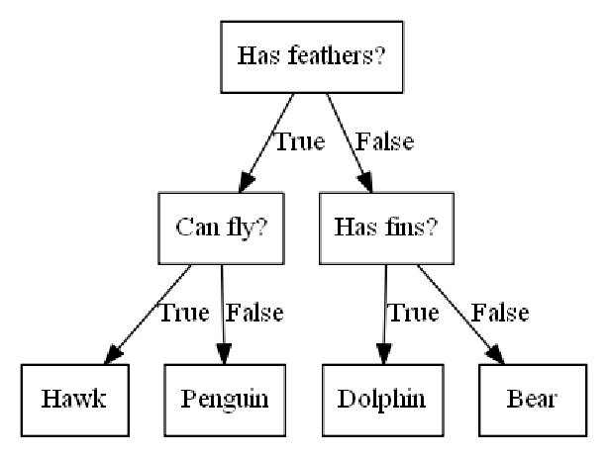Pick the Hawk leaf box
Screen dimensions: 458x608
(x=74, y=400)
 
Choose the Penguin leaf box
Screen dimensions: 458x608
(x=225, y=400)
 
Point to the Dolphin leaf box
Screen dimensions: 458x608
(x=381, y=400)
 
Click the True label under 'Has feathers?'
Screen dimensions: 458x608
(x=299, y=141)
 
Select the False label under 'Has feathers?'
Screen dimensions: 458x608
(x=383, y=141)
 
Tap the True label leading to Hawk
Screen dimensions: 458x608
(x=183, y=314)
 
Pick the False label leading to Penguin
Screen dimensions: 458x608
(x=255, y=314)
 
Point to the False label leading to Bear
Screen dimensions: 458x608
(x=499, y=314)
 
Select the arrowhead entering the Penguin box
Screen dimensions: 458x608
(x=224, y=356)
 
